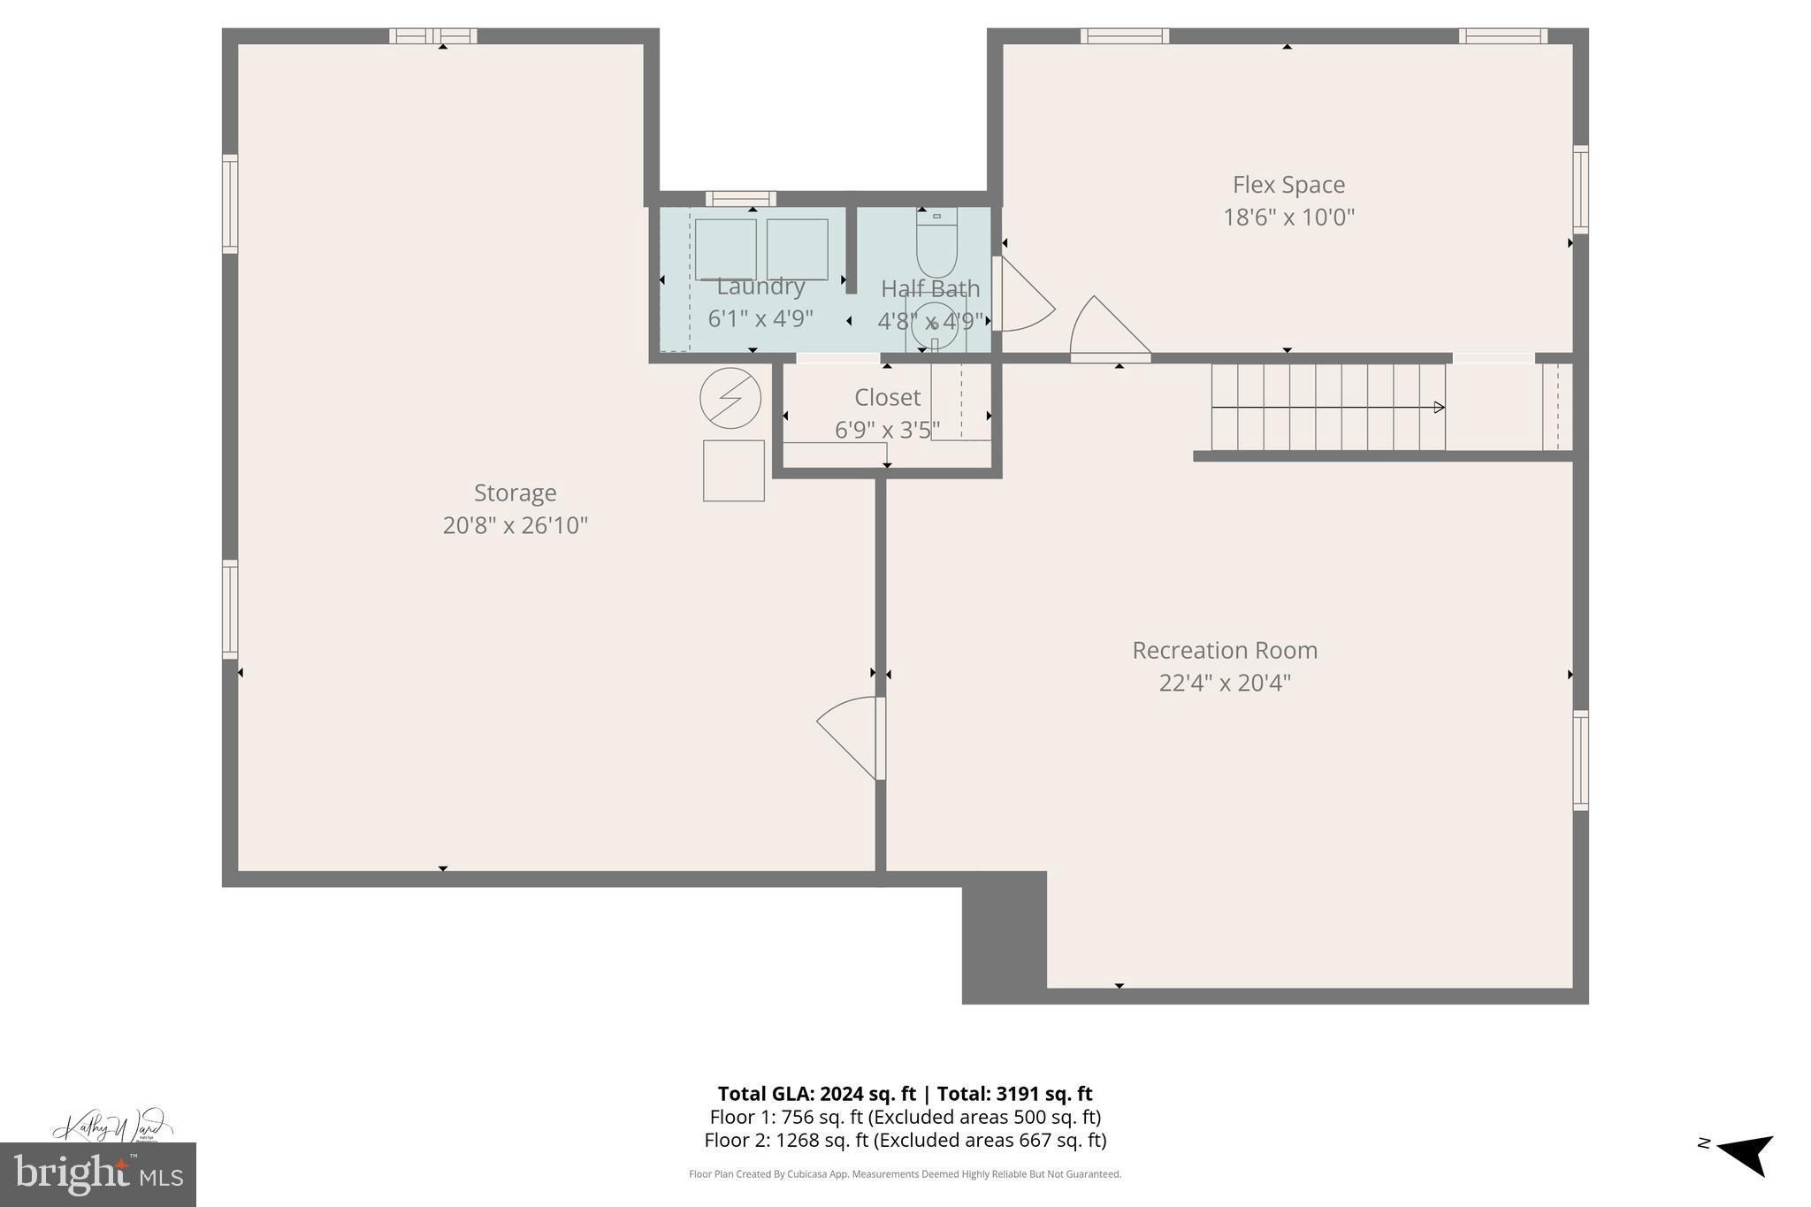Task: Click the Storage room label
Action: click(x=515, y=493)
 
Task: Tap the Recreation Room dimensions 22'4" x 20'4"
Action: click(x=1225, y=683)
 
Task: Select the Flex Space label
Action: click(x=1288, y=185)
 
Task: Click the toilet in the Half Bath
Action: click(x=936, y=243)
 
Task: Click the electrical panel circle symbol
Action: click(x=730, y=399)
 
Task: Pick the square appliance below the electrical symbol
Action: click(x=733, y=470)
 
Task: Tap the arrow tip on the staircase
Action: click(x=1440, y=408)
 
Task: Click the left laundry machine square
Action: click(x=725, y=249)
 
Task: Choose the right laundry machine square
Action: click(x=797, y=249)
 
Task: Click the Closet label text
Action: click(x=887, y=397)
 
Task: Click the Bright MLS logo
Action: click(x=97, y=1174)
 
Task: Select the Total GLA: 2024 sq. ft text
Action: click(x=815, y=1094)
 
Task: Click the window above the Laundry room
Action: click(x=741, y=199)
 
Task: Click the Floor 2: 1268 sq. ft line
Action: click(x=905, y=1140)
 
